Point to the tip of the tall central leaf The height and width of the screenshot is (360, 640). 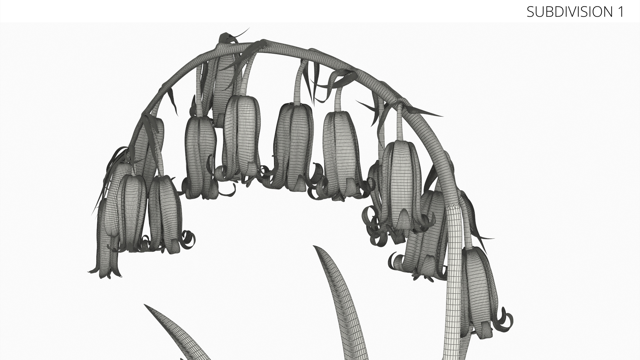(314, 246)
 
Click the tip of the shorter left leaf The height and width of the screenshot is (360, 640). (145, 305)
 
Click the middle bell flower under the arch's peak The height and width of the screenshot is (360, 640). (293, 147)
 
